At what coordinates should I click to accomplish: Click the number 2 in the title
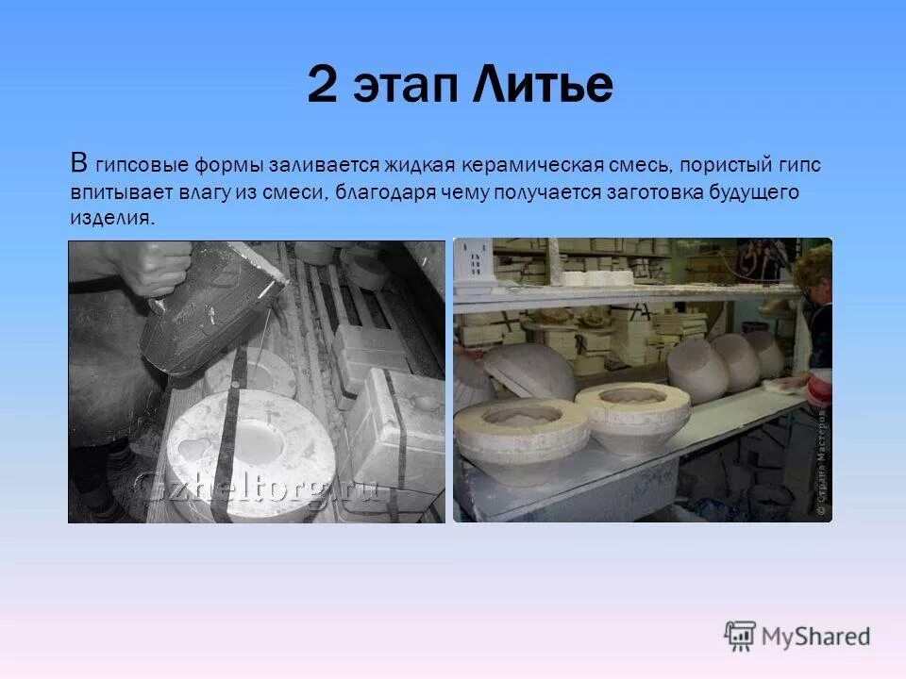(324, 86)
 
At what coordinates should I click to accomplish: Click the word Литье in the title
(541, 86)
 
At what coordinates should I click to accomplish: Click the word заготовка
(663, 191)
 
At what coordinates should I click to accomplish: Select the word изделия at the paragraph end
(110, 218)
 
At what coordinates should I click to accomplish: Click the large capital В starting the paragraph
(79, 161)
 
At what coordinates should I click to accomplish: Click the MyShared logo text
(817, 636)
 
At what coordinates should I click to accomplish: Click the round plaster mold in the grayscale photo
(241, 453)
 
